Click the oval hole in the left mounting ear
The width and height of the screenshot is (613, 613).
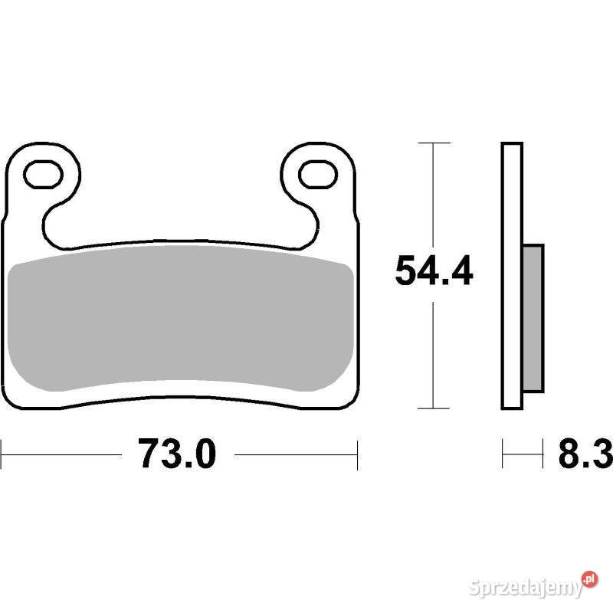coord(43,174)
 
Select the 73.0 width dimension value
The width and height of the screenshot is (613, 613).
coord(178,454)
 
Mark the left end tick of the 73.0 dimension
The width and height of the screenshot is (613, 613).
coord(2,454)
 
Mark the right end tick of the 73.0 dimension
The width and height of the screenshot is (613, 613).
coord(358,454)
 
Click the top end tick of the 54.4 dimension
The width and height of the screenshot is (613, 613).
coord(434,143)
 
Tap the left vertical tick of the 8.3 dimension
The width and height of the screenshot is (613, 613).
coord(503,454)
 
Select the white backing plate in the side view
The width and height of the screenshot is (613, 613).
coord(513,276)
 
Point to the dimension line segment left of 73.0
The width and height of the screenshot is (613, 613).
coord(61,454)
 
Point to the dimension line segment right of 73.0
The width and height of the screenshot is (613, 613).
coord(296,454)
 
